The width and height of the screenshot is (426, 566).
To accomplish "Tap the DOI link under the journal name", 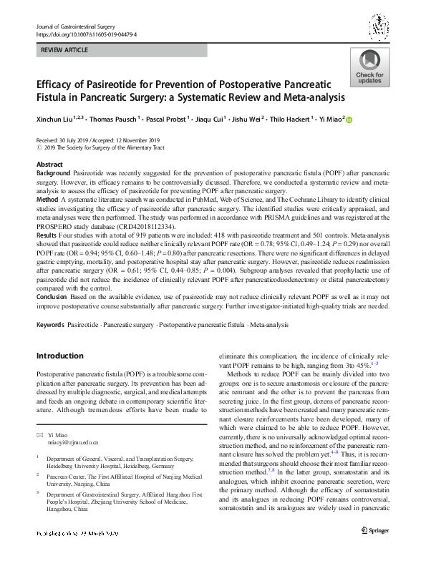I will coord(85,34).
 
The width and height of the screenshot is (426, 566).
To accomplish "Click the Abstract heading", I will coord(49,165).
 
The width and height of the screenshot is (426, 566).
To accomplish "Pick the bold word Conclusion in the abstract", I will coord(53,298).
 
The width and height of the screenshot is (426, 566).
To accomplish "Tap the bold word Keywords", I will coord(51,326).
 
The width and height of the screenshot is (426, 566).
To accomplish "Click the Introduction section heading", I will coord(60,356).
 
